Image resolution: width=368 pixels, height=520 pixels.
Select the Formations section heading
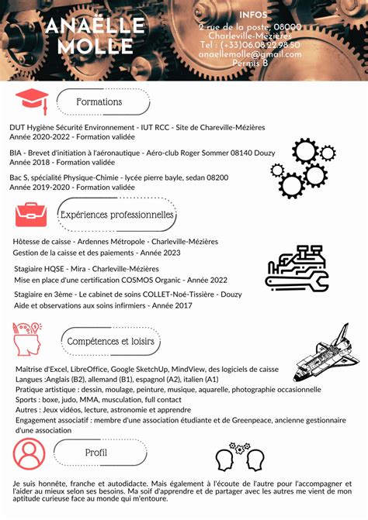[99, 102]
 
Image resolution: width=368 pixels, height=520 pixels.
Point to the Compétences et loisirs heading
[110, 341]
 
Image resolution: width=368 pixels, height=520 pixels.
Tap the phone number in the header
[250, 45]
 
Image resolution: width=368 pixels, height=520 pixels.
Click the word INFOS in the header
[254, 15]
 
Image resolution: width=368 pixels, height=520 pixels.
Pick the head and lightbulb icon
[28, 339]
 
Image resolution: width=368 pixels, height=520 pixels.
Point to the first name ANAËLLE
[95, 26]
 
